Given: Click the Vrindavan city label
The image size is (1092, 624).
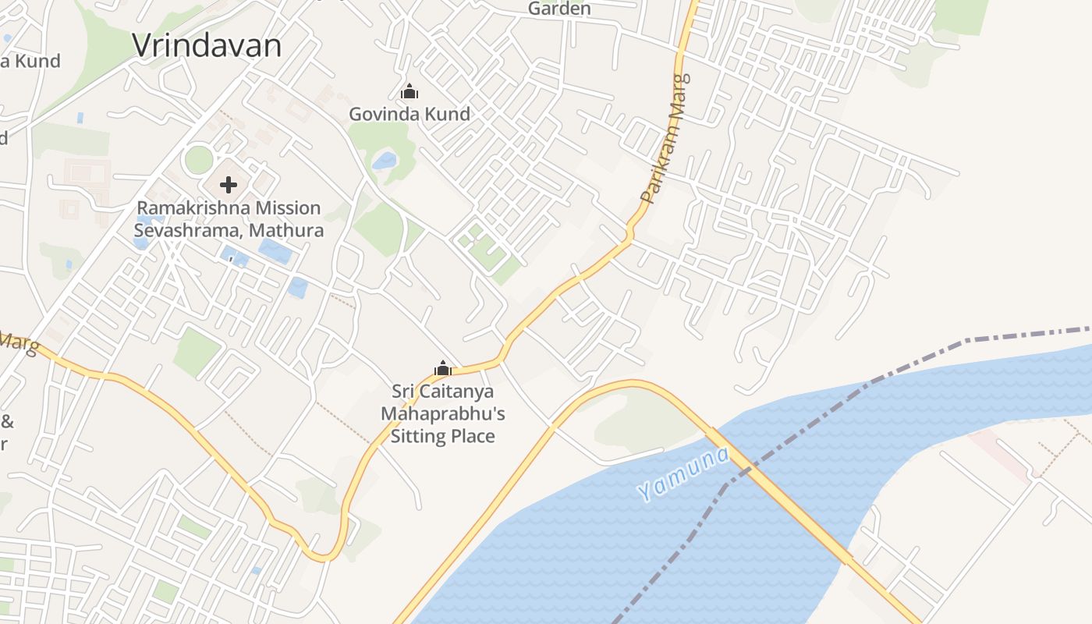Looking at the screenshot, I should (207, 45).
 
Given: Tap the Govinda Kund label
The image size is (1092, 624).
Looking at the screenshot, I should (409, 114).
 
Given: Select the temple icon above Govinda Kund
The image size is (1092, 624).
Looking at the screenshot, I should (409, 92).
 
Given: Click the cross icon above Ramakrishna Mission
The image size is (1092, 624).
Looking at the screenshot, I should (229, 185).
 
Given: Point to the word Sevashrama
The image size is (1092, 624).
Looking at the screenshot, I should (183, 230).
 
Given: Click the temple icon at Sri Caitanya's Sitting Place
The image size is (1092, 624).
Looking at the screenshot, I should (443, 368).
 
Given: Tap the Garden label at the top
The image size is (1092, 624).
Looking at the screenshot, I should (559, 9).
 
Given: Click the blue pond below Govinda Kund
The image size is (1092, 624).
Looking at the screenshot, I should (385, 161).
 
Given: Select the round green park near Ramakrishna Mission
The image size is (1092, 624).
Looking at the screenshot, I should (199, 160).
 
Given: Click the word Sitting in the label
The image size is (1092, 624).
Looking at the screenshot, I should (421, 435).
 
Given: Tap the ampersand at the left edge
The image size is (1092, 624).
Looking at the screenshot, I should (7, 422).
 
